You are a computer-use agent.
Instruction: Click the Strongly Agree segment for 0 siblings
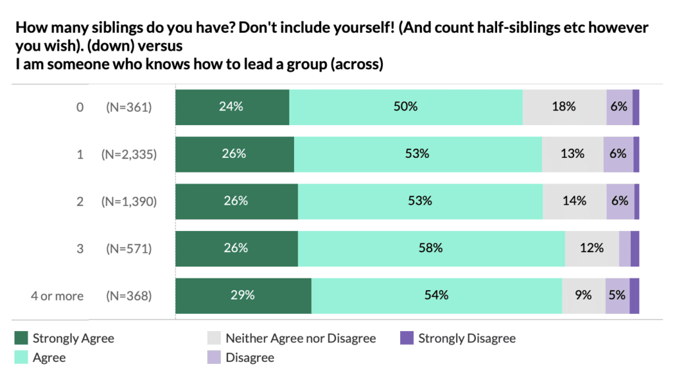pos(232,107)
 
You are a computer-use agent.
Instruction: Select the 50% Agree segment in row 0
pos(405,107)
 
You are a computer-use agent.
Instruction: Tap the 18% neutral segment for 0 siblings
pos(564,107)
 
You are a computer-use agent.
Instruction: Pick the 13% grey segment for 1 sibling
pos(572,154)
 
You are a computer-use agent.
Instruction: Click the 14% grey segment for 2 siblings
pos(574,201)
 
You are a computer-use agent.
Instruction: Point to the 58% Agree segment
pos(431,249)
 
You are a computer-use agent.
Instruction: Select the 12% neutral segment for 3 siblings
pos(591,249)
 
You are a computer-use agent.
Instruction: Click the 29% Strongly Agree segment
pos(243,296)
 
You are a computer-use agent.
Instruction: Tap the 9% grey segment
pos(583,296)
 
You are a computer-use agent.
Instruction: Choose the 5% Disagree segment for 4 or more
pos(617,296)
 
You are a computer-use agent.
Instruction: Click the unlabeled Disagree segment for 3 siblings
pos(624,249)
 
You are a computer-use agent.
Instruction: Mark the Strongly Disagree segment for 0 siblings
pos(635,107)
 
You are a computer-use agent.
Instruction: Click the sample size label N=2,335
pos(129,154)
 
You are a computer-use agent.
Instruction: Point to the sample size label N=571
pos(129,249)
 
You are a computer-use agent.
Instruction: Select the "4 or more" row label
pos(57,296)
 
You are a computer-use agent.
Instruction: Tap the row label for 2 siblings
pos(80,201)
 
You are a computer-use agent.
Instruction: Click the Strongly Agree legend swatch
pos(21,338)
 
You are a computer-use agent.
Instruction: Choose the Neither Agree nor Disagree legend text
pos(301,338)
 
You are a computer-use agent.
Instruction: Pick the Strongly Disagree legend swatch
pos(407,338)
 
